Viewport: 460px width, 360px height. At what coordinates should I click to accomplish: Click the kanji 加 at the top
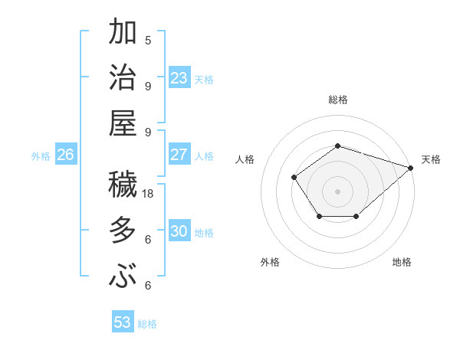click(123, 34)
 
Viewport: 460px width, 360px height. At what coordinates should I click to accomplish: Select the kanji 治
click(123, 80)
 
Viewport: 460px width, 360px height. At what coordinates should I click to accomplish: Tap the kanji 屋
click(123, 124)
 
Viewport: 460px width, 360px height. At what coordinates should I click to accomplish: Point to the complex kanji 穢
click(123, 185)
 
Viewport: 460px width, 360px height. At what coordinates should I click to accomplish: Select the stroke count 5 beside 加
click(148, 40)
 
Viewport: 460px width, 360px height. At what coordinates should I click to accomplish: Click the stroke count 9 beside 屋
click(148, 132)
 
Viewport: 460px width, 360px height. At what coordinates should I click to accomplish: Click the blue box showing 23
click(179, 78)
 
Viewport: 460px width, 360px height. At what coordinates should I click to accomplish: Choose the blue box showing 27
click(179, 155)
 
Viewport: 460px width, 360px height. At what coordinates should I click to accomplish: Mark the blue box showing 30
click(179, 231)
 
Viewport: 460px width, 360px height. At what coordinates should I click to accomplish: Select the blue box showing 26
click(66, 155)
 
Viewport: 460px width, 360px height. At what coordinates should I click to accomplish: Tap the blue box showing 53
click(123, 322)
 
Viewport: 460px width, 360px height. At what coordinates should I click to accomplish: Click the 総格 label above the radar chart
click(337, 100)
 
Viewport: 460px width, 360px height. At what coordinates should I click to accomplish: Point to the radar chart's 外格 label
click(270, 262)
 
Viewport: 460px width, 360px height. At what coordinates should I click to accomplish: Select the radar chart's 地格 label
click(402, 262)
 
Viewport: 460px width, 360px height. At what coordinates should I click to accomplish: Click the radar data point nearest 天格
click(410, 167)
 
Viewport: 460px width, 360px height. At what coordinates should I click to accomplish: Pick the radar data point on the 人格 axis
click(294, 177)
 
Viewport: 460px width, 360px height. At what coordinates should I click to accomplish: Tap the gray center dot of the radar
click(337, 191)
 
